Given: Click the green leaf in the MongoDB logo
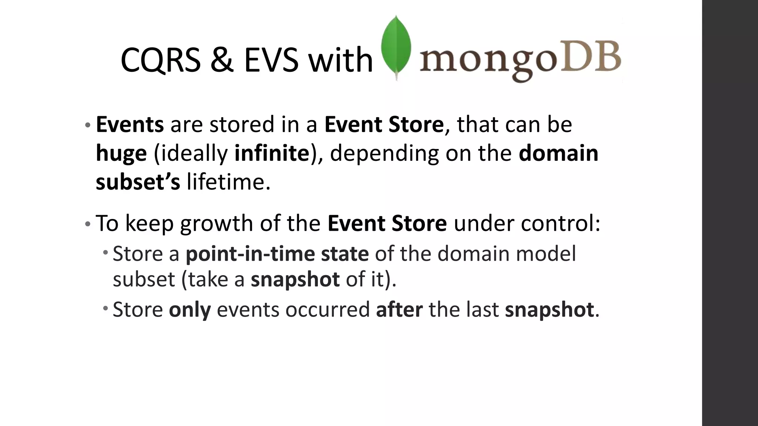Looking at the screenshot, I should coord(396,46).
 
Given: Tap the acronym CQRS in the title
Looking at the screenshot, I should coord(160,60).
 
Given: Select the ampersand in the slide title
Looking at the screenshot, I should coord(222,60).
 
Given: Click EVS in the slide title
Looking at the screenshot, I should coord(271,60).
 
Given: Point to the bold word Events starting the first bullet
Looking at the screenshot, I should coord(130,124).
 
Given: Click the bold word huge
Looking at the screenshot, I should coord(121,153).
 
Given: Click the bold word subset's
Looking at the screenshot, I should coord(138,182).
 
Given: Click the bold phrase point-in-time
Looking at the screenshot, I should coord(250,254).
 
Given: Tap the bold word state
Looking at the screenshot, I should coord(345,254).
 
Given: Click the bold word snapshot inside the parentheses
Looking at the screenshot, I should coord(295,279).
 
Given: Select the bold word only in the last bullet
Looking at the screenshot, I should coord(189,310).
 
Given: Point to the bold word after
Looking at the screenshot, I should coord(399,309).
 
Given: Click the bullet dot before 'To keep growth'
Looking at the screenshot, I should coord(87,224).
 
